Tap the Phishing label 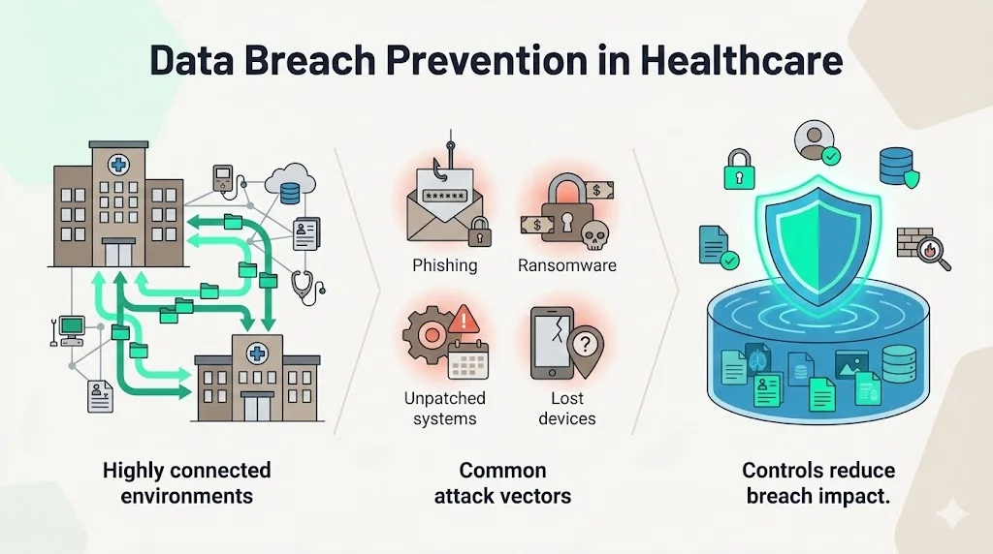pos(444,264)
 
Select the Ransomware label pos(566,264)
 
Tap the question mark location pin pos(584,344)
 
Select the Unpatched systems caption pos(444,409)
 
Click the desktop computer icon pos(71,329)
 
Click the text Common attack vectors pos(502,483)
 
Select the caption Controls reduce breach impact pos(818,483)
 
